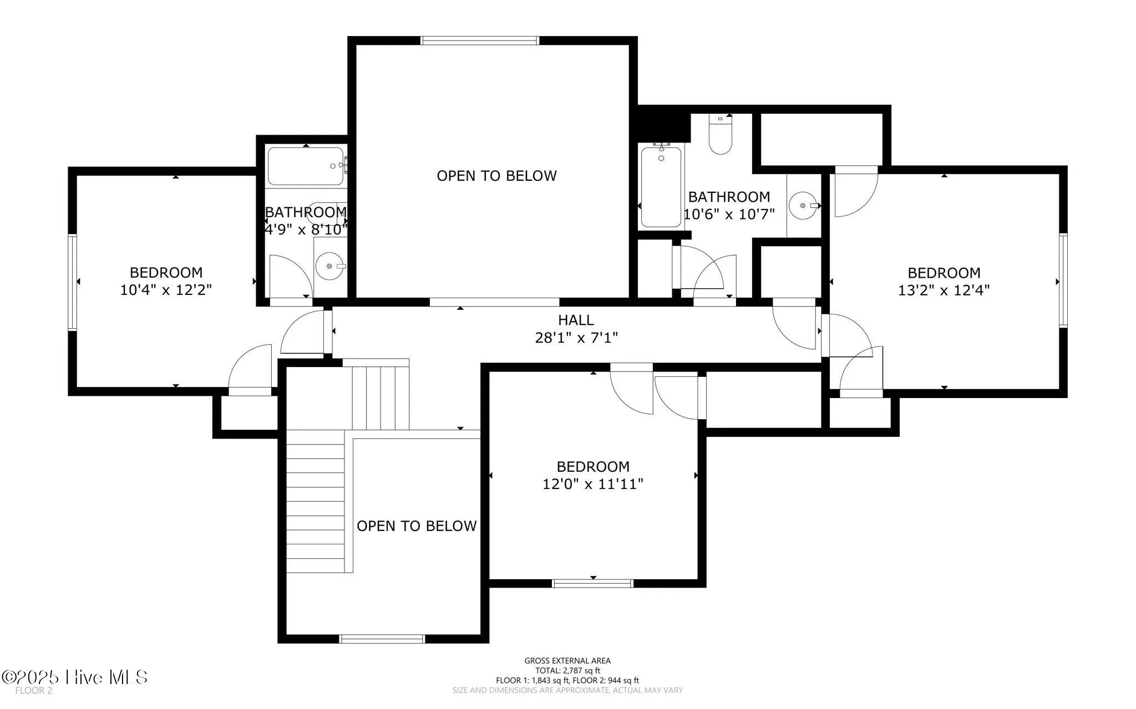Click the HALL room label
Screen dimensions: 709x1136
point(576,320)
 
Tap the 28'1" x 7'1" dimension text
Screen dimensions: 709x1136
point(576,337)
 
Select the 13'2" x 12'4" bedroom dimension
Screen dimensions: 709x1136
point(944,290)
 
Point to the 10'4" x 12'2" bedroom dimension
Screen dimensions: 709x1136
point(166,289)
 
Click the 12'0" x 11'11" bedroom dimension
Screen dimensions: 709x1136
point(592,484)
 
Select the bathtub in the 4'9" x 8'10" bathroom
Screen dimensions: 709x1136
point(306,166)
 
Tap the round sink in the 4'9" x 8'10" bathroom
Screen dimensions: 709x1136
point(330,267)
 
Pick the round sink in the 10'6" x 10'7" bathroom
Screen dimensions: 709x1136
point(803,206)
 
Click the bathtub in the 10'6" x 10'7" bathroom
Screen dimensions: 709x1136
point(661,187)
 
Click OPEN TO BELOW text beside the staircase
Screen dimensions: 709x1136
point(416,526)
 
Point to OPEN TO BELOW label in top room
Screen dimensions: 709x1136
point(496,176)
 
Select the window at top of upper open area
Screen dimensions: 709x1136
point(480,40)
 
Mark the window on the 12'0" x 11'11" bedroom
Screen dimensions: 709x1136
point(592,583)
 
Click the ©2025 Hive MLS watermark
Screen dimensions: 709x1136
point(75,677)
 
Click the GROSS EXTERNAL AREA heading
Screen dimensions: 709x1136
point(567,660)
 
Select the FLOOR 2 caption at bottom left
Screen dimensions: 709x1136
point(33,691)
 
